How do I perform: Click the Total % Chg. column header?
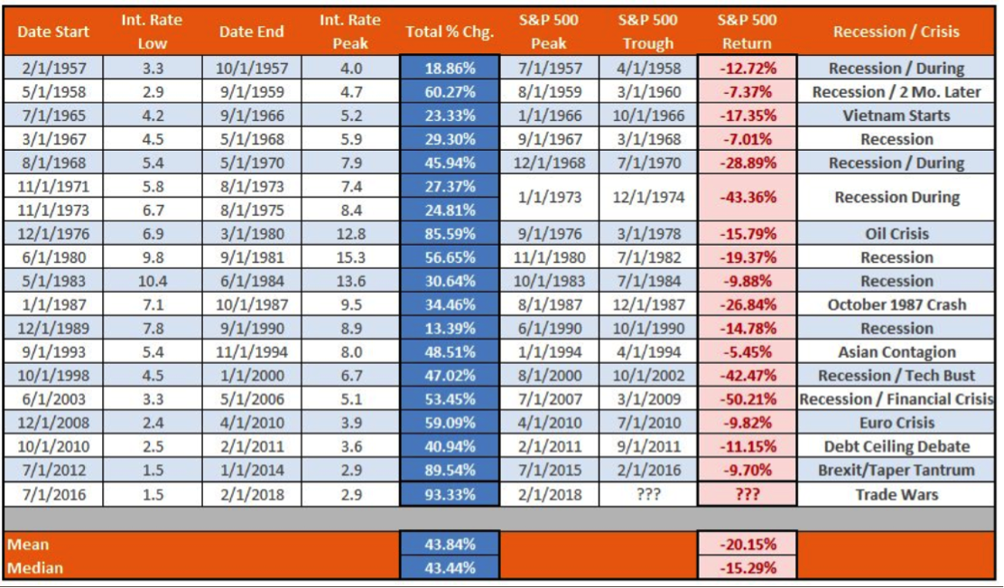(450, 32)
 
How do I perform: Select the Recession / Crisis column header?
(896, 32)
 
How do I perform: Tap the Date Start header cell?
(53, 32)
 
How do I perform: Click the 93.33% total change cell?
(450, 494)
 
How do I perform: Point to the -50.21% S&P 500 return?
(747, 399)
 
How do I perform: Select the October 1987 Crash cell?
(896, 304)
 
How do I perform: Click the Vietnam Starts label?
(896, 116)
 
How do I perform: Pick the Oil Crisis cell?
(896, 234)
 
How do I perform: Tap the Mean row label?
(28, 545)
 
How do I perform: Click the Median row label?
(33, 568)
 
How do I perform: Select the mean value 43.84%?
(450, 545)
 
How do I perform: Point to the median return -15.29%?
(747, 568)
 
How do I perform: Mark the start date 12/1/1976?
(53, 234)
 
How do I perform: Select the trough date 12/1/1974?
(648, 198)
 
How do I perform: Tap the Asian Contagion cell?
(896, 352)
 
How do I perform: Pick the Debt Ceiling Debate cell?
(896, 446)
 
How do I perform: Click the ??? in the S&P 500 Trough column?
(648, 494)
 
